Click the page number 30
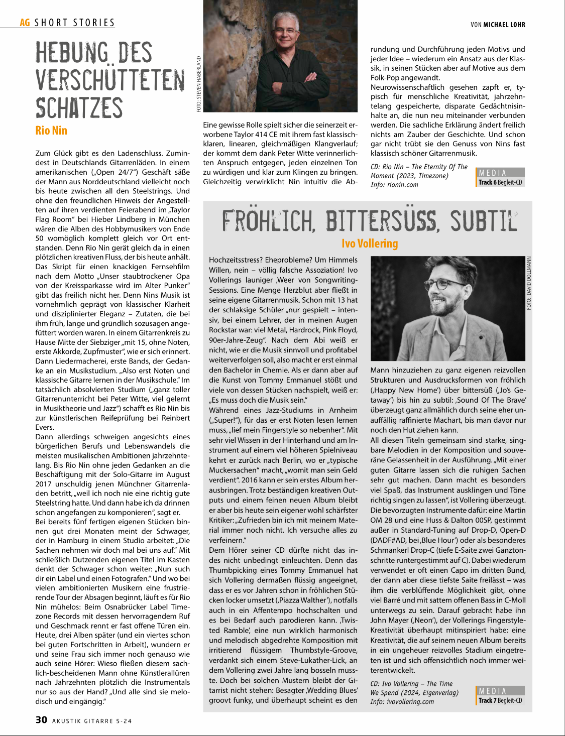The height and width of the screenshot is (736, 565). (41, 719)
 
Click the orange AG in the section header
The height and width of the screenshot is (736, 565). (25, 23)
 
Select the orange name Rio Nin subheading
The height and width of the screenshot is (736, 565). (51, 131)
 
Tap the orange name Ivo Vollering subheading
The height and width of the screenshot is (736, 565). (370, 243)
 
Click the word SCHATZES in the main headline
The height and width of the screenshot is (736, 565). (79, 108)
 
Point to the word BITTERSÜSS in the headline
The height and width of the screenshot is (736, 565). (382, 221)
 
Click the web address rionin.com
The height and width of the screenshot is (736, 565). (402, 185)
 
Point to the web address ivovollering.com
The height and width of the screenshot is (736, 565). (410, 702)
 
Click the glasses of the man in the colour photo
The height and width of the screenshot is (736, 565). (286, 31)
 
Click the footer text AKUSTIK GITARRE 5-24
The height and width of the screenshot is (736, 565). (92, 721)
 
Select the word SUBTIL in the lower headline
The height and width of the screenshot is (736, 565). (483, 221)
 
